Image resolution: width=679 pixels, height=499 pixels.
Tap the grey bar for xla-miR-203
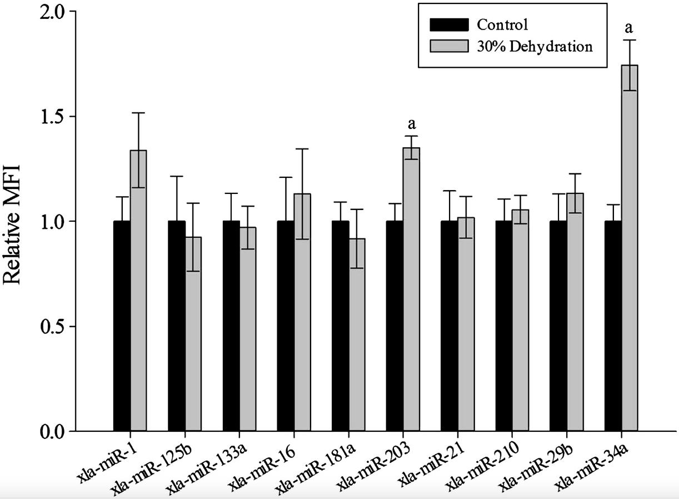click(x=411, y=289)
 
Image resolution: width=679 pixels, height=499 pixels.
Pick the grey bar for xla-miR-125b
click(x=193, y=333)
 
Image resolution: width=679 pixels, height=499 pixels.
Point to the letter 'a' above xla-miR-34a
click(x=630, y=27)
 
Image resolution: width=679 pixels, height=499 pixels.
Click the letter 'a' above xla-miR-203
click(x=412, y=123)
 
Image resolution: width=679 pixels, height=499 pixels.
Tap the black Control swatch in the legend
click(x=449, y=25)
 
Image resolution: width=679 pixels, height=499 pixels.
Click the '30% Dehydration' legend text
click(x=534, y=46)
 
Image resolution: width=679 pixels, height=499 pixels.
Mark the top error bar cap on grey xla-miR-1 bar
click(x=138, y=113)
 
